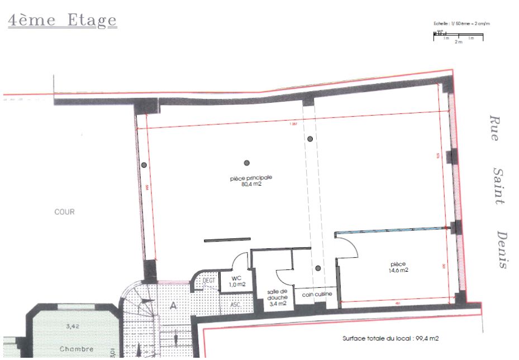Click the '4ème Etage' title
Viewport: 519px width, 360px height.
point(63,20)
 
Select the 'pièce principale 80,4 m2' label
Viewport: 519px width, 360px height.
point(251,180)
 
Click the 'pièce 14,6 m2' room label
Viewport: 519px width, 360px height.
point(399,267)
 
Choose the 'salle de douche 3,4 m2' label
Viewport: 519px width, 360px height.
point(277,297)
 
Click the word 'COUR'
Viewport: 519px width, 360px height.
point(64,212)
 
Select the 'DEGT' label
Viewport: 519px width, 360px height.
point(209,280)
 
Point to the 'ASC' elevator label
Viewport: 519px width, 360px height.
point(236,305)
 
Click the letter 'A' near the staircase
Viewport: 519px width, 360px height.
point(173,305)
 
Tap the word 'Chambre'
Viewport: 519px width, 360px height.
point(76,349)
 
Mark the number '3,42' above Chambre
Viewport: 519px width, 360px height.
point(72,326)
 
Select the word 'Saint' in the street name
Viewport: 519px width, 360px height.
point(500,186)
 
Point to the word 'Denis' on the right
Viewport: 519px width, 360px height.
point(502,250)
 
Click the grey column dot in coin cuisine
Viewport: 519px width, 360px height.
point(318,269)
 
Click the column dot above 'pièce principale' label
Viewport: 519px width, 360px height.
point(246,163)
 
